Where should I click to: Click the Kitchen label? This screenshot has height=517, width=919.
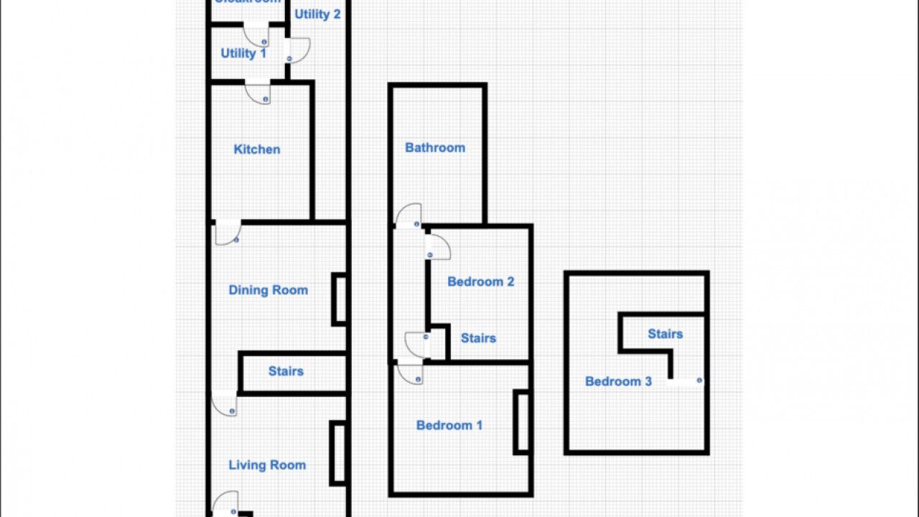(x=257, y=149)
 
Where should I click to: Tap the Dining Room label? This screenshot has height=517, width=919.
(x=268, y=290)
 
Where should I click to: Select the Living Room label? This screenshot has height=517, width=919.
(x=267, y=465)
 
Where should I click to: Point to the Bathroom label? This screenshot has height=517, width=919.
(x=435, y=147)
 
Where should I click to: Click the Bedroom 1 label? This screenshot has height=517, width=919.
(x=449, y=425)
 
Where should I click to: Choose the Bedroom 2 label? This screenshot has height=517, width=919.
(x=480, y=281)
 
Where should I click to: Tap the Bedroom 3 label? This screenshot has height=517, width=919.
(x=618, y=381)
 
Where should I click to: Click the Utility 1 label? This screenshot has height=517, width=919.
(x=243, y=53)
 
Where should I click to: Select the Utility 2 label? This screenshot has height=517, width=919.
(x=317, y=14)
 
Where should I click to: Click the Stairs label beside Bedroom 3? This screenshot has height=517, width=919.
(x=665, y=334)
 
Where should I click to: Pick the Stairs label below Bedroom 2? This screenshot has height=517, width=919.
(x=478, y=338)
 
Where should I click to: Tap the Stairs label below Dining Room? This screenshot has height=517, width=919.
(x=286, y=371)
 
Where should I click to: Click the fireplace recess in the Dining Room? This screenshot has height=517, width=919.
(x=340, y=299)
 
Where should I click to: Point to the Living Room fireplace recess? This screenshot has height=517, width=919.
(x=337, y=453)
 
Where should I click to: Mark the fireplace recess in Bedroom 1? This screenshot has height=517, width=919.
(x=522, y=422)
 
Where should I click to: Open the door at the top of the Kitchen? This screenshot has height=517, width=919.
(x=258, y=93)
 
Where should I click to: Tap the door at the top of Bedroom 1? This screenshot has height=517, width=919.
(x=409, y=373)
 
